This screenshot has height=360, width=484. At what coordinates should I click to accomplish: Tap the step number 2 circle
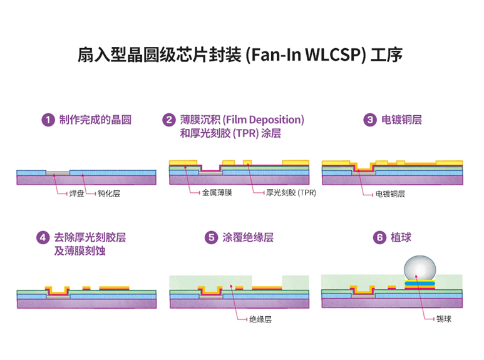168,120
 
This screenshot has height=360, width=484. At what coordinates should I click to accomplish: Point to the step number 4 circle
43,238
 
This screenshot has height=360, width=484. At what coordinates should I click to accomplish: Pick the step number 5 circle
211,238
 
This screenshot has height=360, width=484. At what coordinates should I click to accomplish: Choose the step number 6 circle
379,238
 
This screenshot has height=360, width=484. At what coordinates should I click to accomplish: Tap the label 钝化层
108,193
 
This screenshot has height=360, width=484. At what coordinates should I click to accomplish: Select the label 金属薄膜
217,193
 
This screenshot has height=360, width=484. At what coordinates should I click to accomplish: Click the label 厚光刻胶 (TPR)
291,193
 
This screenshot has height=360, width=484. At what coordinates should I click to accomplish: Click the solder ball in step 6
420,268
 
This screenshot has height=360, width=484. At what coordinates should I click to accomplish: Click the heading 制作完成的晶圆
95,120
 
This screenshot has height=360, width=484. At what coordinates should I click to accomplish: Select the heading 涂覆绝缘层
248,238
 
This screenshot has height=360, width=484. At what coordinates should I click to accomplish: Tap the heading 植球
401,238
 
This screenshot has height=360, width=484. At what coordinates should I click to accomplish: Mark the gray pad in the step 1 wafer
58,172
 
